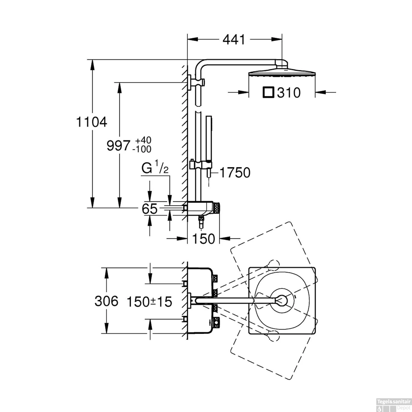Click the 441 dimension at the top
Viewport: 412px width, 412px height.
coord(234,40)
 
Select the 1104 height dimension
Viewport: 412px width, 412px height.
coord(91,122)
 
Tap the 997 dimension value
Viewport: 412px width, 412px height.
coord(118,146)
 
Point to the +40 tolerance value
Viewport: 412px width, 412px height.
coord(143,140)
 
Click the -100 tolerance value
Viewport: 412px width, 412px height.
coord(142,149)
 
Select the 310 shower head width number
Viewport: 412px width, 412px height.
coord(289,93)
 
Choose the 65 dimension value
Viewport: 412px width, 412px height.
coord(150,209)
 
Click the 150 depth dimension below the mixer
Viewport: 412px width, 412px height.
coord(203,239)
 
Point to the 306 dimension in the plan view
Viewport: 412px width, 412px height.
coord(106,301)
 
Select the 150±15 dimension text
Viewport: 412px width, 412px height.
coord(149,302)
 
